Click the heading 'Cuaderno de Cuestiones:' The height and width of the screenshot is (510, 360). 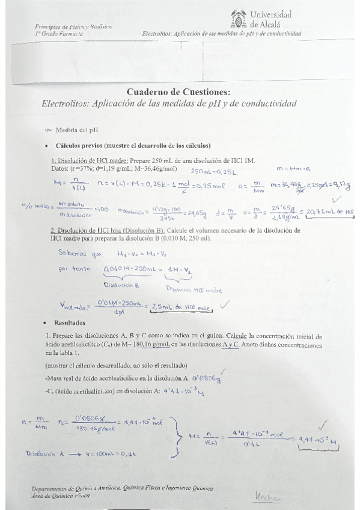tap(178, 91)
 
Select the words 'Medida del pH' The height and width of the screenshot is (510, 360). tap(76, 129)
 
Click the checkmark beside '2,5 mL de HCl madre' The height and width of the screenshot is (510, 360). tap(225, 304)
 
